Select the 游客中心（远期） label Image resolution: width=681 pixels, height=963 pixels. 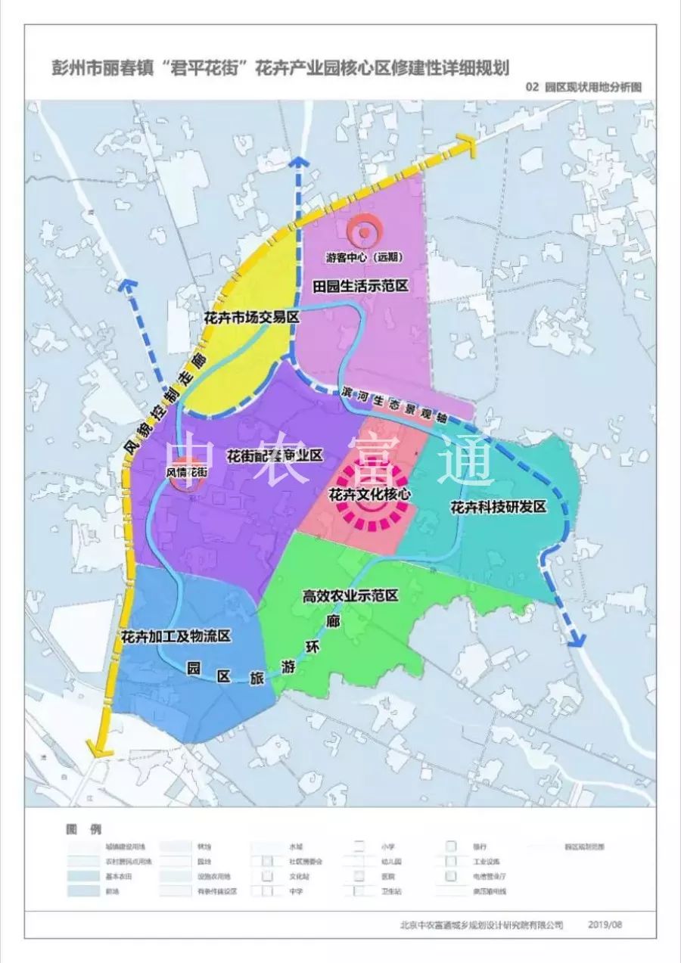coord(364,256)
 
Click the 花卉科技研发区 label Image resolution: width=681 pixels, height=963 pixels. coord(497,508)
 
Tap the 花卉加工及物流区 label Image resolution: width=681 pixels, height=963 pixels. coord(175,635)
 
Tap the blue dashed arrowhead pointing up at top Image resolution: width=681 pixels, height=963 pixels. coord(300,161)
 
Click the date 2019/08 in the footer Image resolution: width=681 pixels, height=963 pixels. coord(606,924)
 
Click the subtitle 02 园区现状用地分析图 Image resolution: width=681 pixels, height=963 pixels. coord(583,87)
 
